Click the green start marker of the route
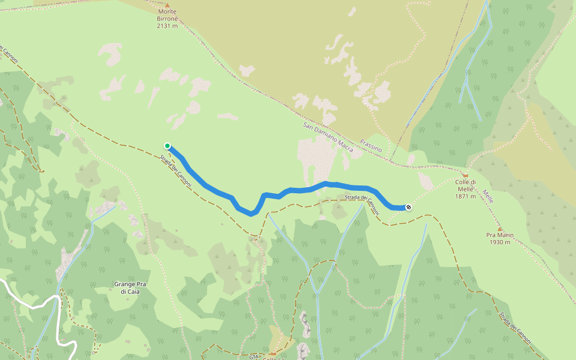pos(167,145)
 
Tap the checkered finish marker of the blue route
pos(409,207)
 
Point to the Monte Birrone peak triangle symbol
pos(167,5)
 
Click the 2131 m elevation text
pos(167,26)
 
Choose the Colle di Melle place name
pos(466,185)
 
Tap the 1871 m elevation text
pos(466,196)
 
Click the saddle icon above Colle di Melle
pos(465,175)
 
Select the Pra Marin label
pos(499,235)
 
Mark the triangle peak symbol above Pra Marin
pos(499,228)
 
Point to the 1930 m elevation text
pos(499,242)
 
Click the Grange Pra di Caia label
pos(130,287)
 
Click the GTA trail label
pos(253,355)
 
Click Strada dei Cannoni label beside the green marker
pos(176,172)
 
